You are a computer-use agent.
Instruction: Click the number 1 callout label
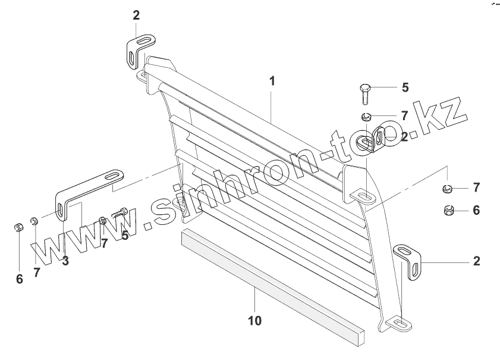coord(272,82)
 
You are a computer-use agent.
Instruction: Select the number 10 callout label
coord(254,321)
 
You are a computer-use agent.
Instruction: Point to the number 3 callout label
coord(65,260)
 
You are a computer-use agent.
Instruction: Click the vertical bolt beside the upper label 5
coord(366,93)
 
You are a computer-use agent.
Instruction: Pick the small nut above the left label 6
coord(18,227)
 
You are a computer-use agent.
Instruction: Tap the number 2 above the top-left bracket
coord(136,15)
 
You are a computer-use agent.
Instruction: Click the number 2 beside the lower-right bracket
coord(477,261)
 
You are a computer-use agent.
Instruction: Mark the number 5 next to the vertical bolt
coord(405,87)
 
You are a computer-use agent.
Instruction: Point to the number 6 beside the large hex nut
coord(476,210)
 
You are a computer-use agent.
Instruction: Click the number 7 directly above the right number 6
coord(476,188)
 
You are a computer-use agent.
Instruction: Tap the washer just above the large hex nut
coord(447,189)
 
